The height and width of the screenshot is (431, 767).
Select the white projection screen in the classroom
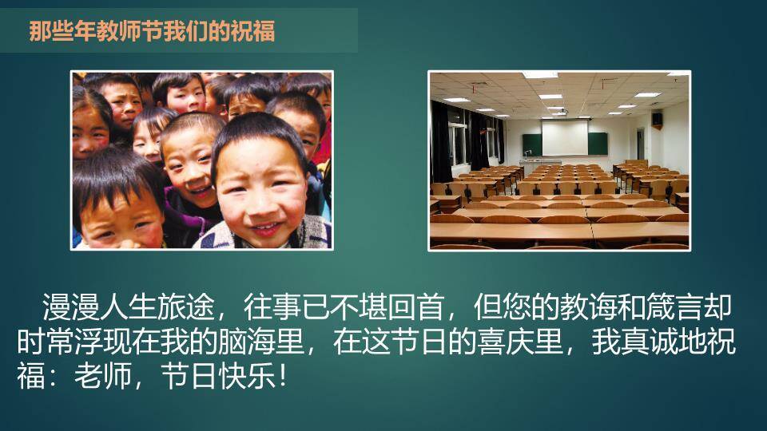(x=565, y=138)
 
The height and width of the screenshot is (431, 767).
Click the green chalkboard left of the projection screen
(x=532, y=144)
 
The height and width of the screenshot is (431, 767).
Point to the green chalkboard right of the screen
(x=598, y=144)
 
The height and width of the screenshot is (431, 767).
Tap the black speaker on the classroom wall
(x=657, y=119)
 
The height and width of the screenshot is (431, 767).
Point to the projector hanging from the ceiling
(x=562, y=112)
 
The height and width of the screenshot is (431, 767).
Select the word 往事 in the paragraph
(x=272, y=306)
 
